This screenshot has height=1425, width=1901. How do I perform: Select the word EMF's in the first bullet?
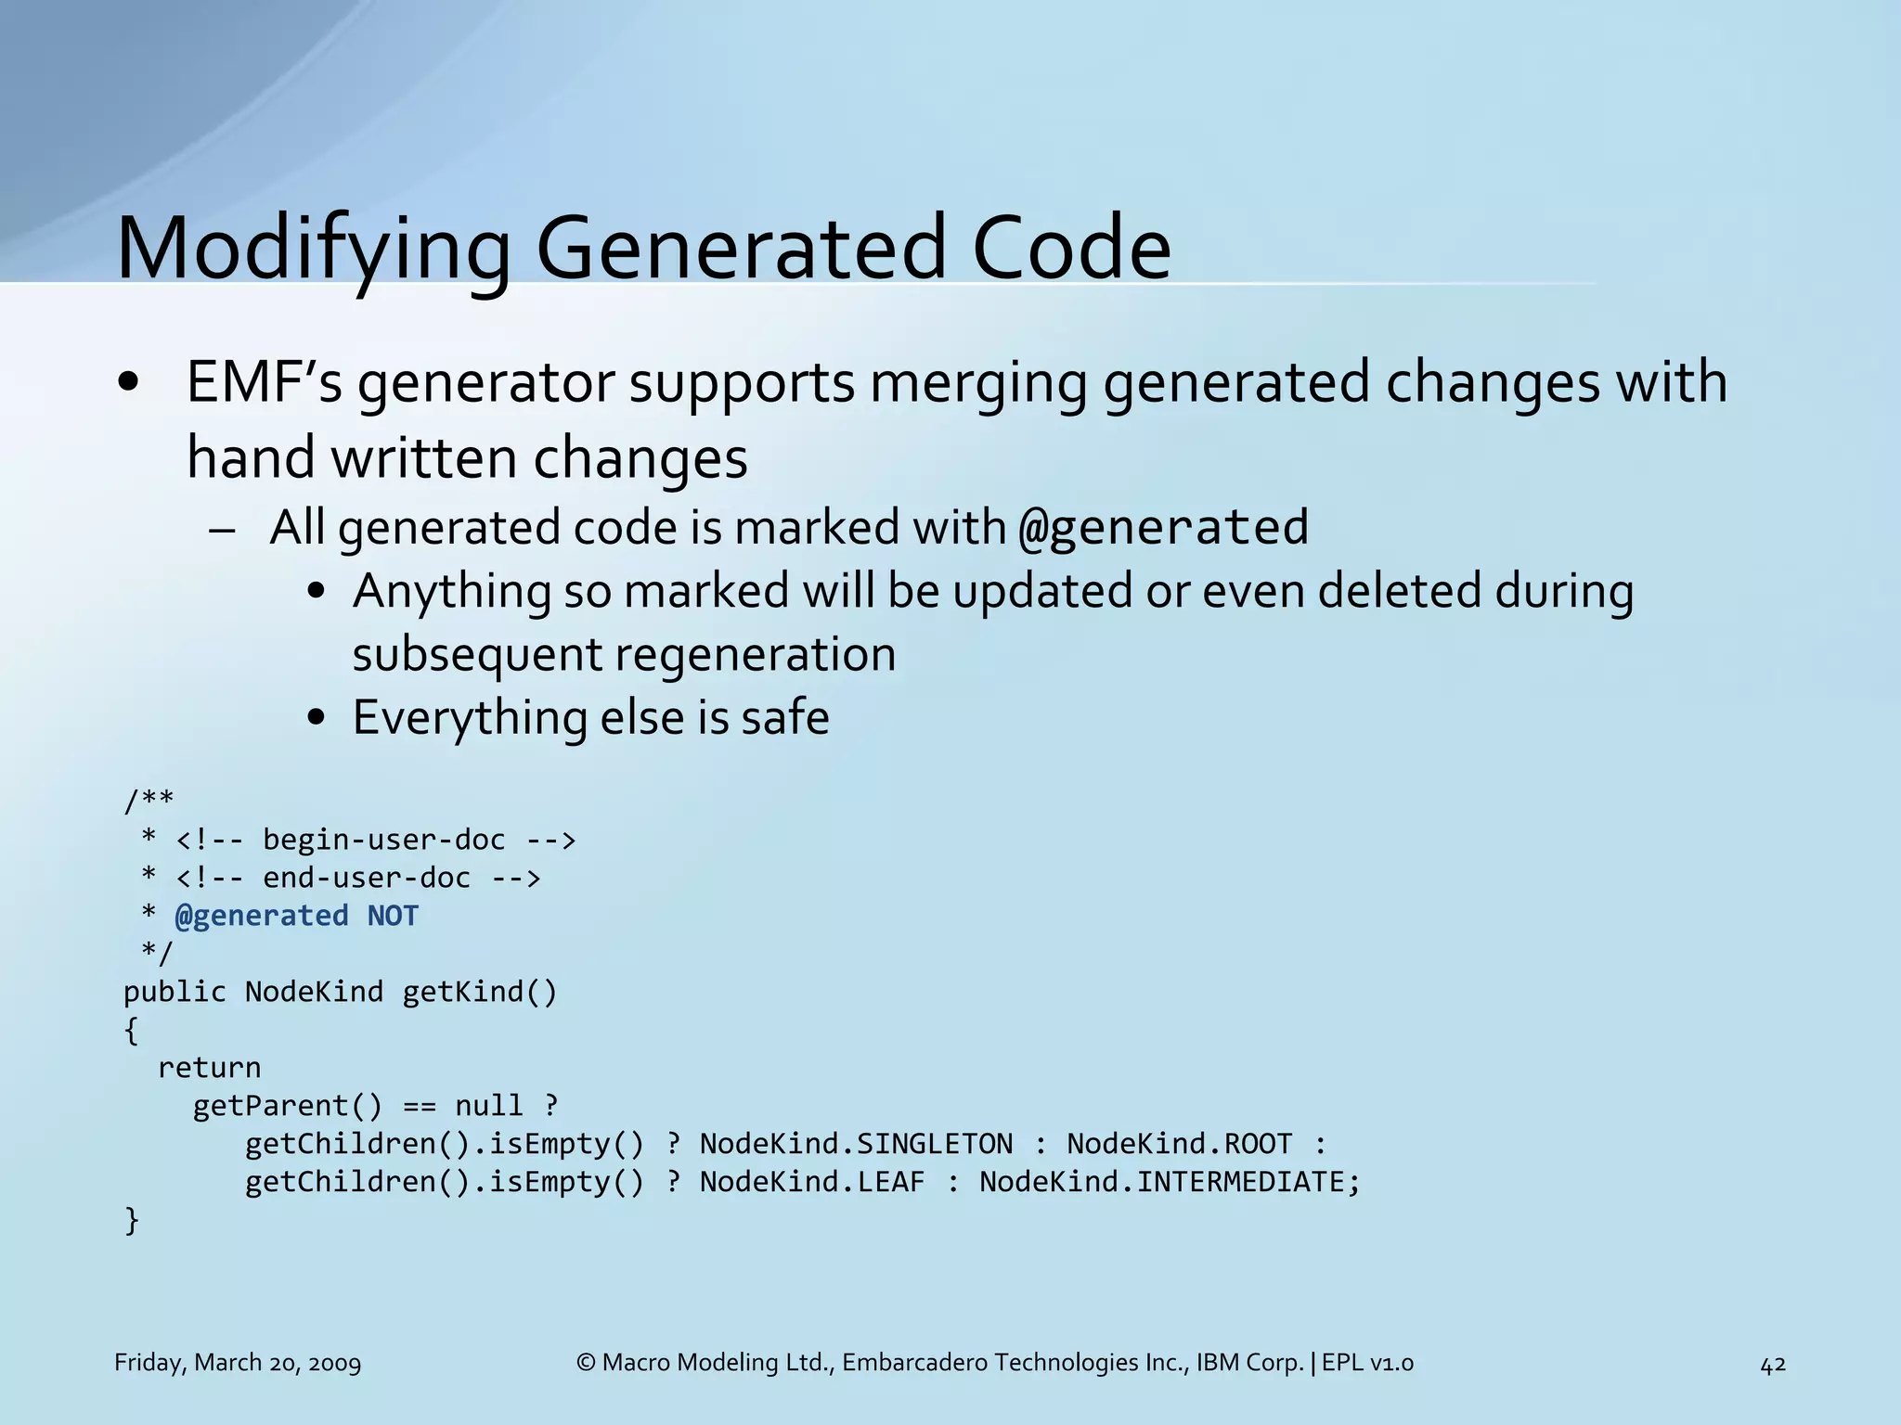click(x=264, y=382)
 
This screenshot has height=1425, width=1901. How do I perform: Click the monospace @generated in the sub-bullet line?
click(x=1163, y=528)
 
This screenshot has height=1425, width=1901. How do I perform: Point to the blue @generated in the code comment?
click(x=262, y=916)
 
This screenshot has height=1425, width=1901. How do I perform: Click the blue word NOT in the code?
click(x=393, y=916)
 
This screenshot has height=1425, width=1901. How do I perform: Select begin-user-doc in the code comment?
click(x=383, y=840)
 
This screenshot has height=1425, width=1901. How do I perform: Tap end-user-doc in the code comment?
click(x=367, y=878)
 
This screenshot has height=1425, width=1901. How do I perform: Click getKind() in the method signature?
click(x=480, y=992)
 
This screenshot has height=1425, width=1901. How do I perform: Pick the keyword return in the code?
click(x=209, y=1068)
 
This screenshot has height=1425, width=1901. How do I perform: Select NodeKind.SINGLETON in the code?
click(x=856, y=1144)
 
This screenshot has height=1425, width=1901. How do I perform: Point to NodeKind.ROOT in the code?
click(x=1179, y=1144)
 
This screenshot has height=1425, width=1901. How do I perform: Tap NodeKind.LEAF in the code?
click(x=812, y=1182)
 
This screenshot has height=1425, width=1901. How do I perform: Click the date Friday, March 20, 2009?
click(x=238, y=1363)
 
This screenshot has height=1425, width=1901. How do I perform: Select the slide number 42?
click(x=1773, y=1364)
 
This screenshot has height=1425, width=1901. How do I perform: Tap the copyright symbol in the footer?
click(x=586, y=1363)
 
